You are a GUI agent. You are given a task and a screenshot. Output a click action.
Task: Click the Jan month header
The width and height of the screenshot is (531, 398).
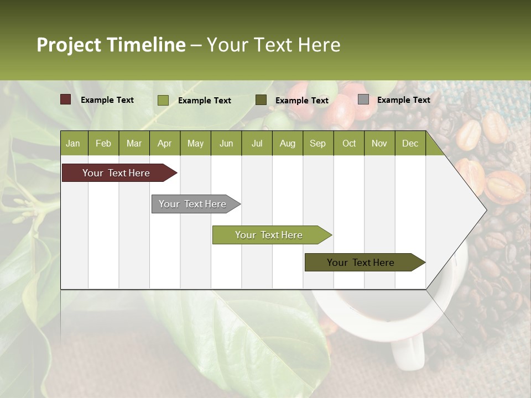[x=73, y=144]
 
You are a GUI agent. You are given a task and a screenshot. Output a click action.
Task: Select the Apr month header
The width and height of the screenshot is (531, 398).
[x=164, y=144]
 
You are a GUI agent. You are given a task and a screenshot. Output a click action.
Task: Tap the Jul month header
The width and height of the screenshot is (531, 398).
[x=257, y=144]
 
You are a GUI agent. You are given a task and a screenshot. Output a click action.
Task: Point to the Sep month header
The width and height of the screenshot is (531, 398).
[x=317, y=144]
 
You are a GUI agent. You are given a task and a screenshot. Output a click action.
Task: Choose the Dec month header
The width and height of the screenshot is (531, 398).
[x=410, y=144]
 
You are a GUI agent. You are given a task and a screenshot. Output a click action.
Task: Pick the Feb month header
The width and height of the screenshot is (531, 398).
[x=103, y=144]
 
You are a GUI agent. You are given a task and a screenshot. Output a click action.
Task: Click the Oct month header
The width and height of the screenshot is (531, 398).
[x=349, y=144]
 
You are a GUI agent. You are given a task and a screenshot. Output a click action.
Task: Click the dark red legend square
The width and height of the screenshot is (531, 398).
[x=66, y=99]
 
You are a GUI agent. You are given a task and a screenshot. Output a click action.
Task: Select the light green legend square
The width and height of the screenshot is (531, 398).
[x=163, y=100]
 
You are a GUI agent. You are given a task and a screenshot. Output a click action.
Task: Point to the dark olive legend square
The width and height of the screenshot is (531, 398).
[x=261, y=100]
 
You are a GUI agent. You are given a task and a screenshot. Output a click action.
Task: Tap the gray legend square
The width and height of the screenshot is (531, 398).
[x=363, y=99]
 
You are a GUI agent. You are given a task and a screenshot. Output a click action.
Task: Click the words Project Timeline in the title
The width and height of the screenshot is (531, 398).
[x=111, y=45]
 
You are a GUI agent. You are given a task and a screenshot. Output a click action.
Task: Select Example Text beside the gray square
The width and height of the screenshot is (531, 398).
[x=403, y=100]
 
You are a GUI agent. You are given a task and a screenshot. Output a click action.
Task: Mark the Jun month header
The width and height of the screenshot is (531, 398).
[x=226, y=144]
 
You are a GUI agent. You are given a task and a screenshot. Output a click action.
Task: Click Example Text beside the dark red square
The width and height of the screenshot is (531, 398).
[x=107, y=100]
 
